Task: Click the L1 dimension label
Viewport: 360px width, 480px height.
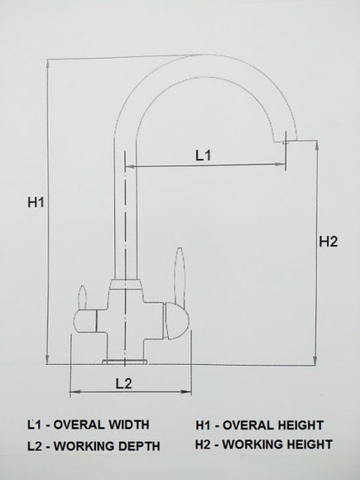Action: click(x=204, y=156)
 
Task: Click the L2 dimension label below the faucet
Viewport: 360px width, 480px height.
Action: click(x=123, y=382)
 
